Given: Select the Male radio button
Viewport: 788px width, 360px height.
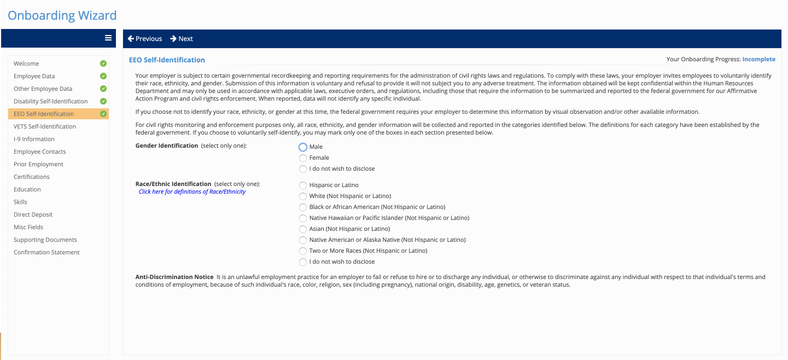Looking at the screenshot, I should coord(303,147).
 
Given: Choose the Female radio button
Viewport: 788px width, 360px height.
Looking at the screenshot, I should coord(303,158).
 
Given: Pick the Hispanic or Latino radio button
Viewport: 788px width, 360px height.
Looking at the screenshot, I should coord(303,185).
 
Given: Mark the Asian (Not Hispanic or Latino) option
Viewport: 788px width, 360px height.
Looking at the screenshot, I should coord(303,229).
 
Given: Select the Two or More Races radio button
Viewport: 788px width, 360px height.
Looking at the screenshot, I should coord(303,251).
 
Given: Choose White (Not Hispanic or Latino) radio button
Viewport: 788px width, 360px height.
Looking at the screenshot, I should coord(303,196).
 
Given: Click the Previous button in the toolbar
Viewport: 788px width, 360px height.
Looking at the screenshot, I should coord(145,39).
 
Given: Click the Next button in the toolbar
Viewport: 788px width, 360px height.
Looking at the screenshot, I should coord(182,39).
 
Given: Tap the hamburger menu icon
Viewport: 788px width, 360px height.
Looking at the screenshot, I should coord(108,38).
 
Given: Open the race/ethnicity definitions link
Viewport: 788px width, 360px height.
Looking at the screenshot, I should coord(192,192).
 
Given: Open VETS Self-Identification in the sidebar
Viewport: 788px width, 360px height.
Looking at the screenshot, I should coord(45,126).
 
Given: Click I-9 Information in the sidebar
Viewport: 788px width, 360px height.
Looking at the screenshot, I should coord(34,139).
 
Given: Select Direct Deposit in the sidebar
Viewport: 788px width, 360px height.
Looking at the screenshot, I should coord(33,214).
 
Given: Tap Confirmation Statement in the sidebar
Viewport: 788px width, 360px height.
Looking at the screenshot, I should coord(46,252).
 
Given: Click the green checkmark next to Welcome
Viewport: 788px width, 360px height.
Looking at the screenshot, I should coord(103,63).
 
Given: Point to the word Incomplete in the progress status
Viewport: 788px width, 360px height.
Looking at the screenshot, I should coord(758,59).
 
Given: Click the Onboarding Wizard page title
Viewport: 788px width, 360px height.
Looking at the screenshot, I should coord(62,15).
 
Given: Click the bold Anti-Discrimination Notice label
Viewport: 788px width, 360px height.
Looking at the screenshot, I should coord(174,277).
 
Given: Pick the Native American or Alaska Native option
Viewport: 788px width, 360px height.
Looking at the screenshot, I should coord(303,240).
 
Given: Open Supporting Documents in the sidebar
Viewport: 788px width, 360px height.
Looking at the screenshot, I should coord(45,240).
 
